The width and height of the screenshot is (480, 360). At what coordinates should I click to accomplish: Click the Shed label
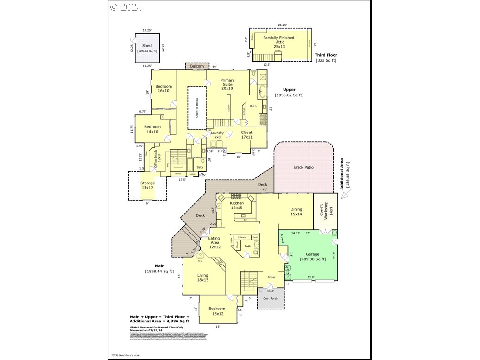[x=147, y=46]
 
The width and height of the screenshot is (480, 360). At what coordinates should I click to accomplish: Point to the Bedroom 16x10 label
[x=164, y=88]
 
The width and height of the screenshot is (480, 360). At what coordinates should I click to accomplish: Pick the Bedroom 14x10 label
[x=152, y=129]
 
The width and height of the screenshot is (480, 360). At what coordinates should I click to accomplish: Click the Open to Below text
[x=197, y=107]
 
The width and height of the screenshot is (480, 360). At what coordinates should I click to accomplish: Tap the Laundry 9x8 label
[x=217, y=135]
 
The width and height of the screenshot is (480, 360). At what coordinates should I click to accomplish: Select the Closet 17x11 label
[x=246, y=134]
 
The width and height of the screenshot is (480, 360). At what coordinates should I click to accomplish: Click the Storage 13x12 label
[x=148, y=185]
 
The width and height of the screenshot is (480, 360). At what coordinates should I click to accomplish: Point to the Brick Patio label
[x=303, y=167]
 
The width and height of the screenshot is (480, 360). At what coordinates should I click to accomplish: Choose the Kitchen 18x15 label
[x=237, y=206]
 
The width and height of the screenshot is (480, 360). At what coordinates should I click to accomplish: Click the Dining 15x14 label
[x=296, y=212]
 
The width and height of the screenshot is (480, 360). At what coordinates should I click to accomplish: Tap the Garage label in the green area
[x=313, y=254]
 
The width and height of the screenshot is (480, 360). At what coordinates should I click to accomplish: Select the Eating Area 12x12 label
[x=214, y=243]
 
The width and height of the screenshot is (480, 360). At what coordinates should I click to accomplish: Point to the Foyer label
[x=272, y=277]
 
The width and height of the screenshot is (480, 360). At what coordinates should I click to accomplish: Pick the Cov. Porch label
[x=270, y=298]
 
